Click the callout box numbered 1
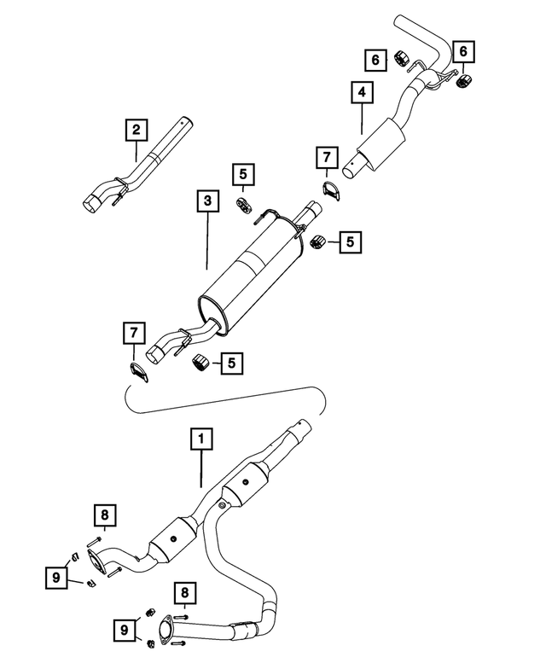pyautogui.click(x=201, y=439)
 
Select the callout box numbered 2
pyautogui.click(x=136, y=130)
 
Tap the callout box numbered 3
pyautogui.click(x=207, y=201)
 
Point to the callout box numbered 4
pyautogui.click(x=363, y=92)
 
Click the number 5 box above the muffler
pyautogui.click(x=243, y=174)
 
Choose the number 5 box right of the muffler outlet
pyautogui.click(x=351, y=241)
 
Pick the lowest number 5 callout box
pyautogui.click(x=231, y=363)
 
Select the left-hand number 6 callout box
pyautogui.click(x=375, y=60)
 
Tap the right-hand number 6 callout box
pyautogui.click(x=463, y=51)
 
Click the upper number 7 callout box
pyautogui.click(x=327, y=157)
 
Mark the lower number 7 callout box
pyautogui.click(x=134, y=333)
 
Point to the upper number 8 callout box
pyautogui.click(x=105, y=515)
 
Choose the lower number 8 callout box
pyautogui.click(x=184, y=593)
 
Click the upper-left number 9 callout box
pyautogui.click(x=56, y=578)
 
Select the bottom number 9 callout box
pyautogui.click(x=125, y=631)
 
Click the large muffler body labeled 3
pyautogui.click(x=249, y=275)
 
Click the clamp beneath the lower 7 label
pyautogui.click(x=139, y=372)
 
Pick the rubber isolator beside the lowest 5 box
pyautogui.click(x=200, y=363)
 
